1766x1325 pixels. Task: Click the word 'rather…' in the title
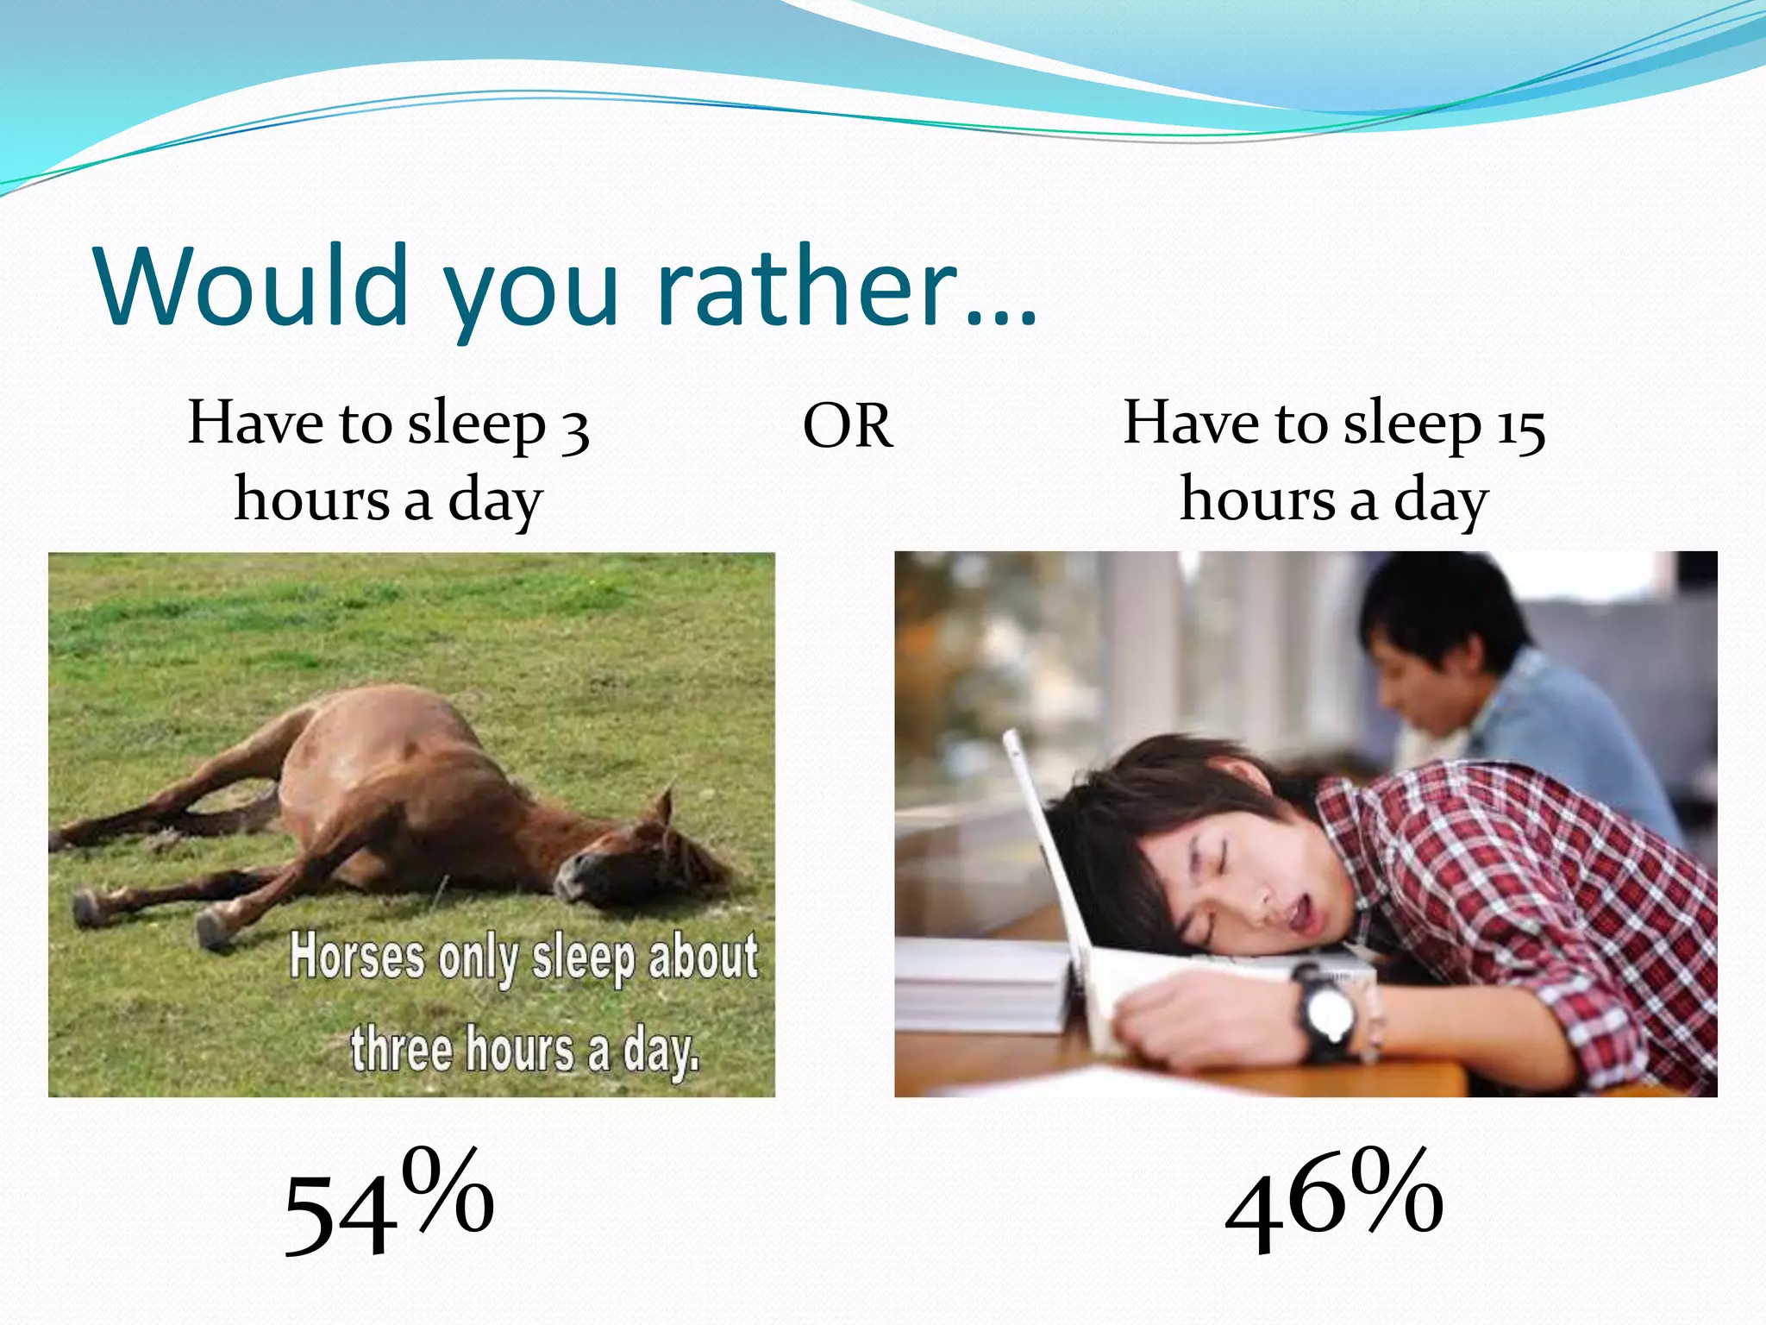pos(845,286)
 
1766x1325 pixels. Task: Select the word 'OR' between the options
pos(848,427)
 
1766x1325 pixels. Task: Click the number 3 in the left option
pos(574,429)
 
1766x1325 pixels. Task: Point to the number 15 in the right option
pos(1520,429)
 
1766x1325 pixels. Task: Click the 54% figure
pos(388,1201)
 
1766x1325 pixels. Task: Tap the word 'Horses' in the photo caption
pos(357,958)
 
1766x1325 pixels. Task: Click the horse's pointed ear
pos(663,807)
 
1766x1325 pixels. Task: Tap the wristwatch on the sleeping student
pos(1327,1014)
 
